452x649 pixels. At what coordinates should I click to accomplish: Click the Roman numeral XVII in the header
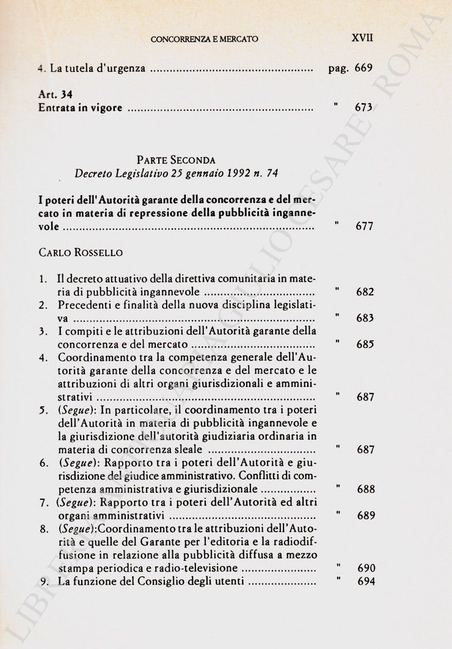point(362,38)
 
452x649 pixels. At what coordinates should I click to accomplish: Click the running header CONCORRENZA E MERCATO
point(205,39)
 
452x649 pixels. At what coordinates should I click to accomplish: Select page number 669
point(363,68)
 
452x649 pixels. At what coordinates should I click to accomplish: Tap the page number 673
point(363,108)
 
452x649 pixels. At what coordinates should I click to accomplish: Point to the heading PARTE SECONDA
point(176,160)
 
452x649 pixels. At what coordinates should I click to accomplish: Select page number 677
point(364,227)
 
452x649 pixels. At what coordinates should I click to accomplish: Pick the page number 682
point(365,292)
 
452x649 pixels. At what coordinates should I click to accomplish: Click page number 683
point(365,318)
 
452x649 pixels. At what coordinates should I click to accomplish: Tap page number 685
point(365,345)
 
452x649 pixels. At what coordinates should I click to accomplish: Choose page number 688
point(365,489)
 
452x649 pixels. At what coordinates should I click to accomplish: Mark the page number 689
point(365,516)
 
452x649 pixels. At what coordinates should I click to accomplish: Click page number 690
point(366,568)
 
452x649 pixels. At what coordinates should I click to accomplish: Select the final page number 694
point(366,581)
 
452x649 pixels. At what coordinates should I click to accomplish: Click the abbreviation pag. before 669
point(338,69)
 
